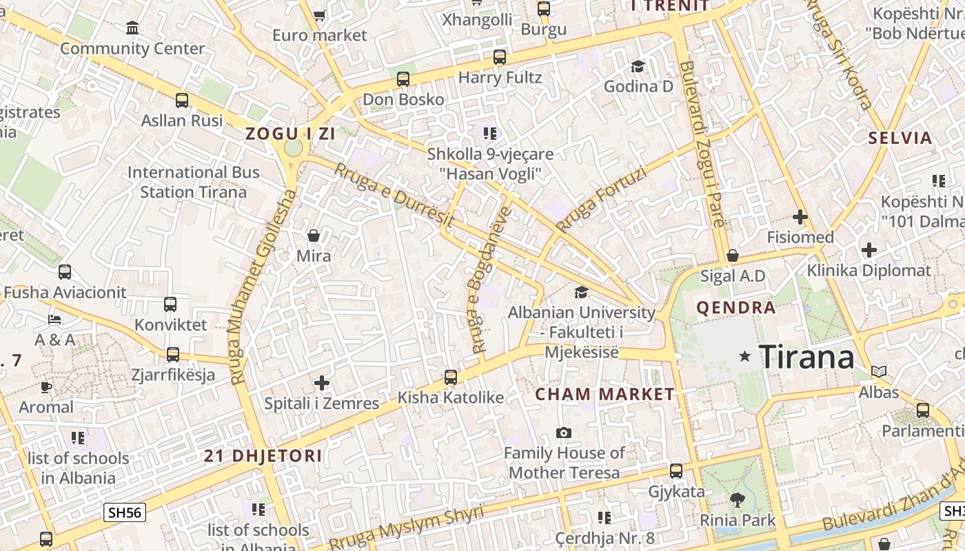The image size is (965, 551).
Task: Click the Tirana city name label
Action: pos(806,357)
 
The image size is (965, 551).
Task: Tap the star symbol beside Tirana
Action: pos(744,356)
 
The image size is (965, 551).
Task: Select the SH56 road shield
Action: pos(125,512)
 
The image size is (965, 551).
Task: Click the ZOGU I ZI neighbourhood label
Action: pos(291,134)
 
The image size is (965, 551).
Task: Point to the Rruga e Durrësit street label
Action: pos(394,196)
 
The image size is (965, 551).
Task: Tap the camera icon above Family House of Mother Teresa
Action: pos(564,433)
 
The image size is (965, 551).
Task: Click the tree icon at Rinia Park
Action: pos(738,500)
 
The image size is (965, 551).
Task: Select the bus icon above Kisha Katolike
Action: pos(450,377)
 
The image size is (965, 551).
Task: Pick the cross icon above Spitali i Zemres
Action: pos(321,382)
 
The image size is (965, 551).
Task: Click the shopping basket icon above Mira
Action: pos(314,236)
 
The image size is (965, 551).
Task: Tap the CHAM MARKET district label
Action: pos(605,395)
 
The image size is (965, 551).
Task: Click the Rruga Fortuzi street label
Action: pos(601,200)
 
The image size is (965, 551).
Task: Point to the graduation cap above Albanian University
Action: pos(581,293)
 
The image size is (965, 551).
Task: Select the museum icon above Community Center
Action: pos(132,28)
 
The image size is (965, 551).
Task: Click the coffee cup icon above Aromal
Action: pos(46,387)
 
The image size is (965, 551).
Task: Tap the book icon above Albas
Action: pos(878,372)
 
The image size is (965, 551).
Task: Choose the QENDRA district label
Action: pos(736,308)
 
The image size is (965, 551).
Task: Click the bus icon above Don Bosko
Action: pos(403,79)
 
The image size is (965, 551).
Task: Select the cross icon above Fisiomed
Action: pos(800,218)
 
